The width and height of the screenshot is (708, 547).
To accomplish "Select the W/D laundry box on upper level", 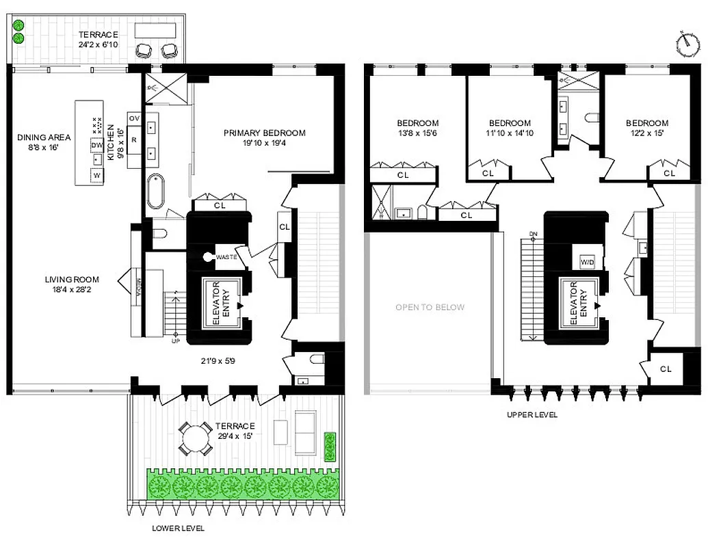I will pyautogui.click(x=587, y=262).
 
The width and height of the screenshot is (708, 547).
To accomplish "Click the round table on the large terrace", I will pyautogui.click(x=196, y=438).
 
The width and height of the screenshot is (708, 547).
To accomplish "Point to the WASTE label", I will pyautogui.click(x=226, y=258).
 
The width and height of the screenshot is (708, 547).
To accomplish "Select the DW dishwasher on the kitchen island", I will pyautogui.click(x=97, y=145).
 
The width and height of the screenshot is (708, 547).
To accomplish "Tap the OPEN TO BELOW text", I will pyautogui.click(x=430, y=307).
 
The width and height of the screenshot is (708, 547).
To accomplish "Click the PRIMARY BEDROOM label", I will pyautogui.click(x=264, y=133).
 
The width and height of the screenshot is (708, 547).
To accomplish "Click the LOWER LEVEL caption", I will pyautogui.click(x=178, y=528).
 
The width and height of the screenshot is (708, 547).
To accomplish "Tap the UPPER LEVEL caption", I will pyautogui.click(x=532, y=414).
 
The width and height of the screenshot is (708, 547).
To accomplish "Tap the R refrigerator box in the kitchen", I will pyautogui.click(x=134, y=139).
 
